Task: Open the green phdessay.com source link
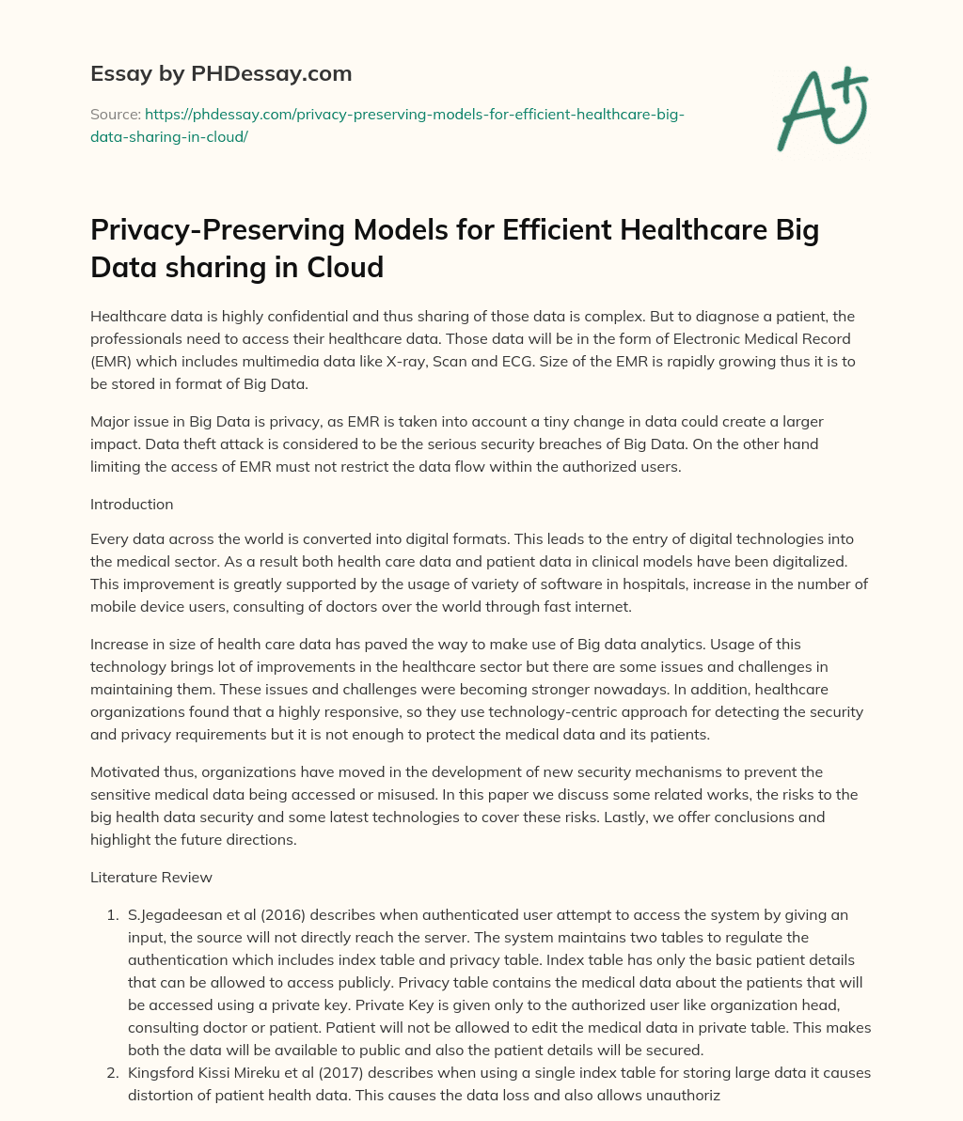coord(414,115)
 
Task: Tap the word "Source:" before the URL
coord(115,115)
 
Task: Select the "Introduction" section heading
coord(132,505)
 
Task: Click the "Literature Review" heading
coord(151,878)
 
